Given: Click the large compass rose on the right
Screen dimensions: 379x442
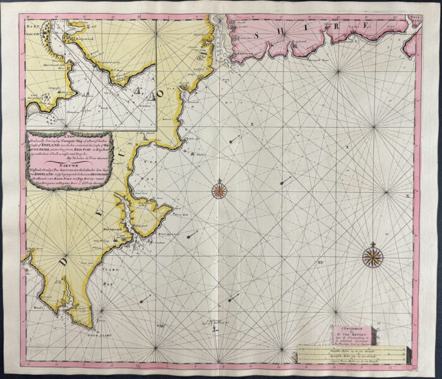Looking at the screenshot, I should tap(373, 256).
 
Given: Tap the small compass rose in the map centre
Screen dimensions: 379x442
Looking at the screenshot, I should tap(219, 189).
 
